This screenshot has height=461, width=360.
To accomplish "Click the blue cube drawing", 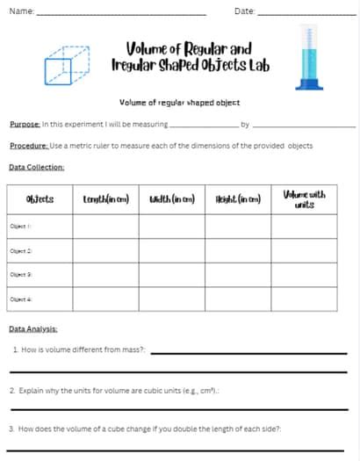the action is coord(67,65).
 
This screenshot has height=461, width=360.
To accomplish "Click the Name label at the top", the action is coord(21,11).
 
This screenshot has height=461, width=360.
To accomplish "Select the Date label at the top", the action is coord(245,11).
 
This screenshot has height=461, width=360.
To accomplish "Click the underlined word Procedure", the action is coord(28,145).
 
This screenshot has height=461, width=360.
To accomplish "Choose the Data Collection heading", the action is coord(36,167).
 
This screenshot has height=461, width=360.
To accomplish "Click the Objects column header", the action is coord(40,198).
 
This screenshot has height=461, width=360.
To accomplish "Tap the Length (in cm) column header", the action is coord(105,198).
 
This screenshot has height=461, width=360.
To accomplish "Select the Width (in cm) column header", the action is coord(172,198).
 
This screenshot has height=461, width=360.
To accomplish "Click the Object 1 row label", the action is coord(21,226).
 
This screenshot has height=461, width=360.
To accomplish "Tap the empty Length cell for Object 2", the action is coord(105,251).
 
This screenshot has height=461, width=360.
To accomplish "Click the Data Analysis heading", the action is coord(33,328).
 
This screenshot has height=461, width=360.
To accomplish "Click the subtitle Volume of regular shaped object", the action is coord(178,103).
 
